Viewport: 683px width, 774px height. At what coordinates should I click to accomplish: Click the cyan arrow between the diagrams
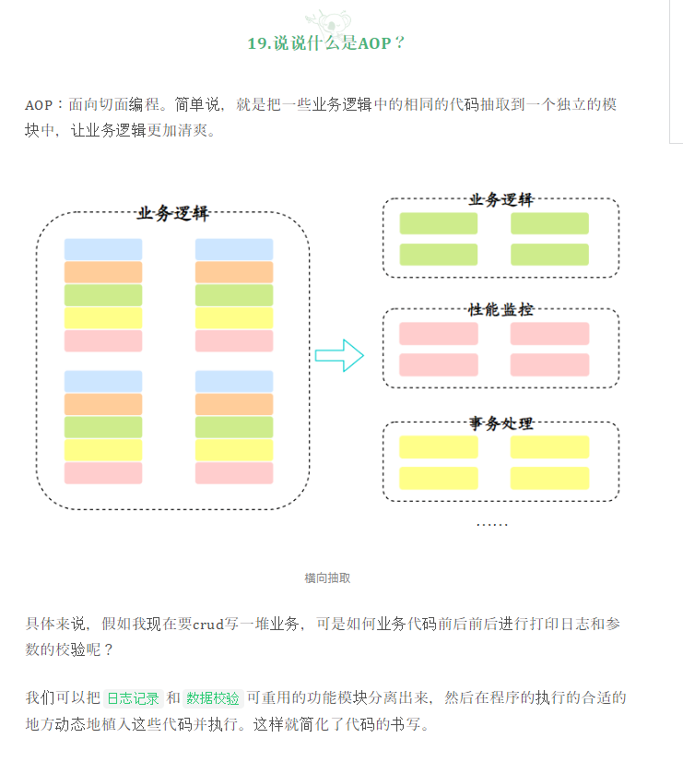[x=339, y=355]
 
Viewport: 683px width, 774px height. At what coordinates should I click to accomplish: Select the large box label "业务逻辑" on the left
[x=172, y=214]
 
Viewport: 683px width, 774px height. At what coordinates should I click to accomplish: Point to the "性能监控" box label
[x=500, y=310]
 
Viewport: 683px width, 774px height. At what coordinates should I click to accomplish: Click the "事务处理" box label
[x=500, y=423]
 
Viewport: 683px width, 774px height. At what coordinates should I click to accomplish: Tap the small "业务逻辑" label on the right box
[x=500, y=200]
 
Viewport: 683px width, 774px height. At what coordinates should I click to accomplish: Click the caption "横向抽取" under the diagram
[x=327, y=578]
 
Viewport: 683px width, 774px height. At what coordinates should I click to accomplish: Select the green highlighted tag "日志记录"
[x=133, y=698]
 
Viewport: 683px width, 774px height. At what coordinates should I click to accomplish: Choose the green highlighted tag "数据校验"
[x=213, y=698]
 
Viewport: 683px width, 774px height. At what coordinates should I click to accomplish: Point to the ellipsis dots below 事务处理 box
[x=491, y=524]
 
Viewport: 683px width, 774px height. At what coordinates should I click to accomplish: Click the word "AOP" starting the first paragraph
[x=39, y=105]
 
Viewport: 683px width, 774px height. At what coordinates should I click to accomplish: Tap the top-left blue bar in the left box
[x=103, y=249]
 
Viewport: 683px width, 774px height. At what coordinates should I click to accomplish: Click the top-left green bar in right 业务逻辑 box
[x=439, y=223]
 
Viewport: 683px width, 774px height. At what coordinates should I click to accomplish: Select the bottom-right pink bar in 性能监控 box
[x=549, y=364]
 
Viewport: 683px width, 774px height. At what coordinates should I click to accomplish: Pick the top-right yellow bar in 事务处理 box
[x=549, y=447]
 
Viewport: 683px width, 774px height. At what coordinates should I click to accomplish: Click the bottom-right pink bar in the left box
[x=234, y=472]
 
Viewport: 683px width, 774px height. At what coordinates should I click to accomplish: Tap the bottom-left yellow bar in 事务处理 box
[x=439, y=478]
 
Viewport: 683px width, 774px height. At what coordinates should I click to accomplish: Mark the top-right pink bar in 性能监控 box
[x=549, y=334]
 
